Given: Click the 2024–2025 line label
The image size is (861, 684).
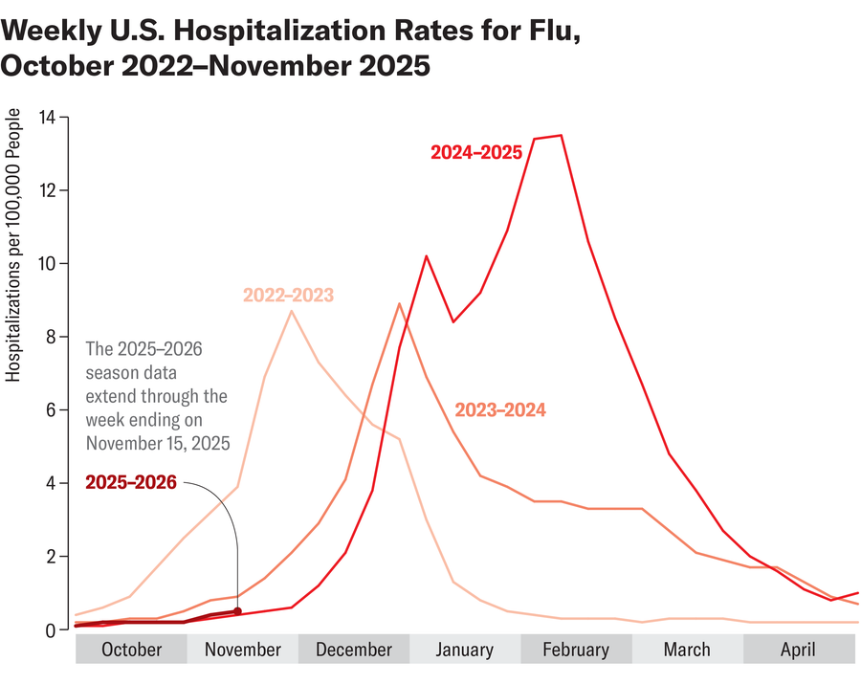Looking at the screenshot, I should point(475,152).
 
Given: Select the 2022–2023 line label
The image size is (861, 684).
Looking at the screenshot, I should point(288,296).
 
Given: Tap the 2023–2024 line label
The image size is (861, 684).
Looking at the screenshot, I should point(499,410).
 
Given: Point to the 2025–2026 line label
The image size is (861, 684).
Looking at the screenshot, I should point(131,482).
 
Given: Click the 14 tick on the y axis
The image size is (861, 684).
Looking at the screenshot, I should point(49,118).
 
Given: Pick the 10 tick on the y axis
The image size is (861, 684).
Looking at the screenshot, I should point(49,264).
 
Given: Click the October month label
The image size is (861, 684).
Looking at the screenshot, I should point(131,651).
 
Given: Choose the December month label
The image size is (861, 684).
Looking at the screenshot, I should point(354,651).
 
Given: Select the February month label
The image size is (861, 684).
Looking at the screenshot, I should point(576,651).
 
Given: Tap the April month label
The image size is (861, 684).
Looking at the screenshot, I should point(798,651).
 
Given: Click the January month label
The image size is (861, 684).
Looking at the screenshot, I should point(465,651).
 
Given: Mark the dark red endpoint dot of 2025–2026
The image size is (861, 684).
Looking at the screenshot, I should point(237,611).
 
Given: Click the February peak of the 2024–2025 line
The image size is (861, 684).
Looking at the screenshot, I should point(561,135).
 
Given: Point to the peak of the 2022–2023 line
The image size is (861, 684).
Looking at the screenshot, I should point(292,311).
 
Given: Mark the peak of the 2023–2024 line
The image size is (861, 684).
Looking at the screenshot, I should point(399,303).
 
